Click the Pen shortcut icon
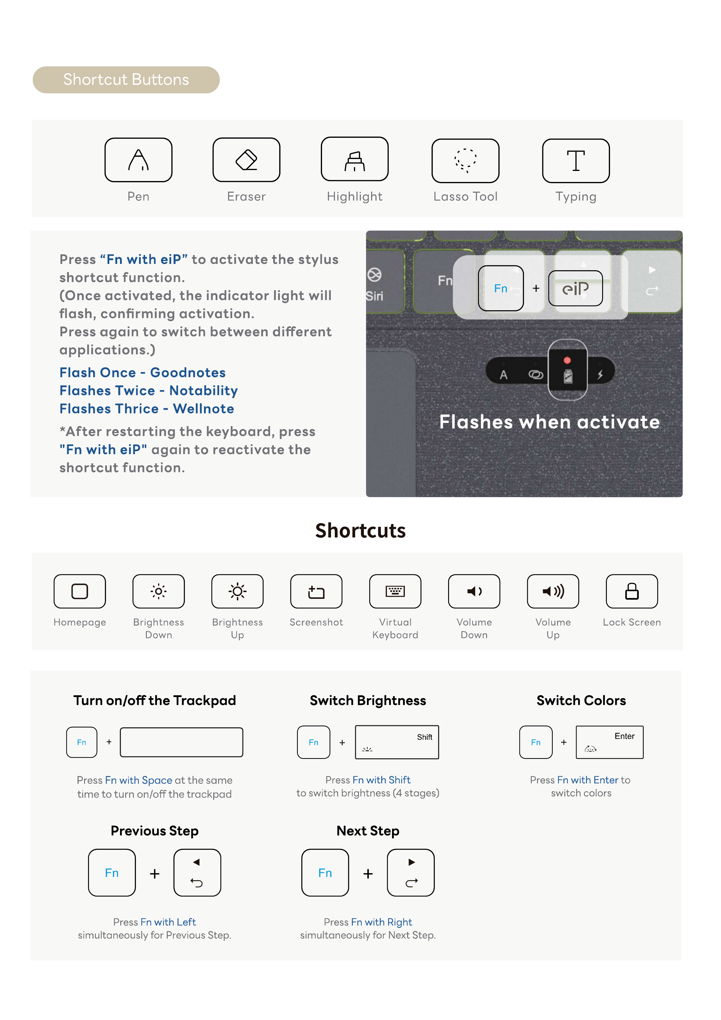click(x=138, y=160)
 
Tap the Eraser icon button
click(x=246, y=160)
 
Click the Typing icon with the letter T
click(x=576, y=160)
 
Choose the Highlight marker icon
click(x=355, y=159)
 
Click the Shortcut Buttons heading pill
click(x=126, y=80)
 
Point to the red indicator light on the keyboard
click(x=567, y=360)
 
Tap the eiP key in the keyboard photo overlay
click(x=575, y=288)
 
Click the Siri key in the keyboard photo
click(x=375, y=284)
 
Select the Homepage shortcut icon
click(x=80, y=591)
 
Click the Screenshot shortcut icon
click(x=316, y=591)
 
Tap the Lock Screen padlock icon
click(x=632, y=591)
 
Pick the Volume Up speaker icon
click(x=553, y=591)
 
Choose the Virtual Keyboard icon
click(x=395, y=591)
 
